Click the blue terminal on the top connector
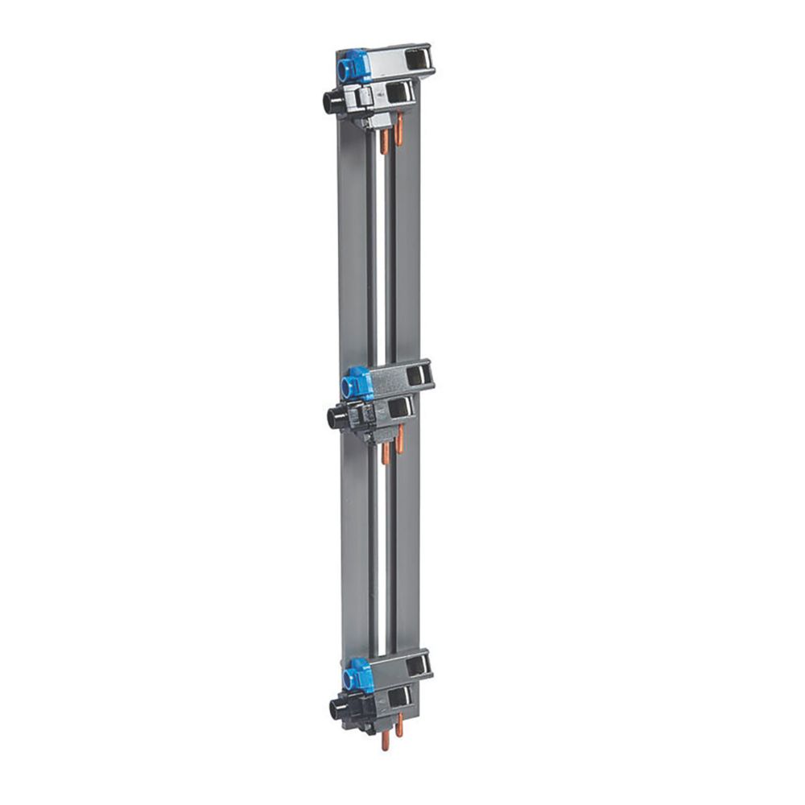(352, 67)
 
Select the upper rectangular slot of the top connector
(418, 59)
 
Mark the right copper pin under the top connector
(398, 125)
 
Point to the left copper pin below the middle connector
(386, 455)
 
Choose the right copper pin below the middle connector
(399, 440)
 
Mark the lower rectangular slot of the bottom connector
(401, 697)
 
